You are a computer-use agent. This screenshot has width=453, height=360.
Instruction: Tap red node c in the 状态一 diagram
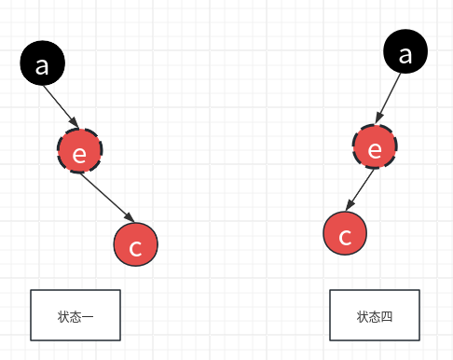136,244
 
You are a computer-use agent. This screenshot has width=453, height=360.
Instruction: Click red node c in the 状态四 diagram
346,233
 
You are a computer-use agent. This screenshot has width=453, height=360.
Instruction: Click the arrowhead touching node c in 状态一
127,219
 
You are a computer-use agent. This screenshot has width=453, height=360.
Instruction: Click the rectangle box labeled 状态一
75,315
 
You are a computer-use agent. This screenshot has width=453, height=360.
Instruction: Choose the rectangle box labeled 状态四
375,315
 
